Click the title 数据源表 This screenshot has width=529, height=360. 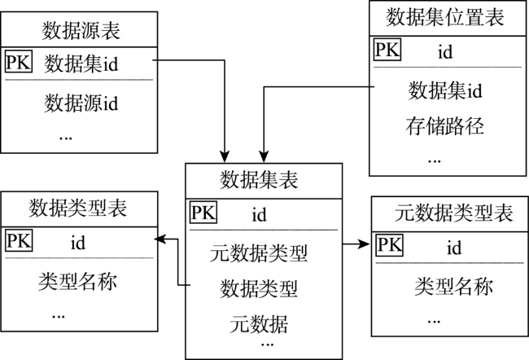[x=81, y=30]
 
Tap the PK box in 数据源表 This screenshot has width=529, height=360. [x=19, y=61]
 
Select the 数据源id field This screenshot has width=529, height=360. [x=81, y=103]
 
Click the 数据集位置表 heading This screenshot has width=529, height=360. [x=445, y=17]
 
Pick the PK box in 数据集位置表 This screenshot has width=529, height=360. [x=387, y=50]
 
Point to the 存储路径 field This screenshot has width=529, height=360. [x=444, y=126]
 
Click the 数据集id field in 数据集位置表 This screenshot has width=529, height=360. [x=445, y=90]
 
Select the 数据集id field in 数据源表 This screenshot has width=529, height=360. [x=81, y=64]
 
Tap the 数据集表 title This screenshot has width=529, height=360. [x=259, y=180]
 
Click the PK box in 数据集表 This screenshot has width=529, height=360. [x=203, y=212]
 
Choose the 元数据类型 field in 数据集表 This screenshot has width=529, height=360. [x=259, y=253]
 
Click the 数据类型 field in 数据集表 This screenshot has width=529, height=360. [x=259, y=289]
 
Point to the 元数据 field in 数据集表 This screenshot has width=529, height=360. [x=259, y=324]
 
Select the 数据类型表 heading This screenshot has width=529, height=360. [x=77, y=208]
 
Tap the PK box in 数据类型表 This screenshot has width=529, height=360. [x=19, y=240]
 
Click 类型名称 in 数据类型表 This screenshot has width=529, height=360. [x=77, y=281]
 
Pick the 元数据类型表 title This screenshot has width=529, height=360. [x=454, y=213]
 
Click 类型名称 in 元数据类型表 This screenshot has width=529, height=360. [x=454, y=287]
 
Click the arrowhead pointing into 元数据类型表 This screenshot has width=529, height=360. [x=365, y=244]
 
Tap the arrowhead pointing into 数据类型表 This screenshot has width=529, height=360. [x=160, y=239]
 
